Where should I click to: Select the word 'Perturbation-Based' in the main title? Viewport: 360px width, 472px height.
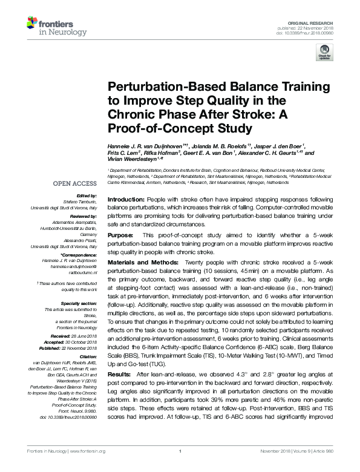coord(154,87)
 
